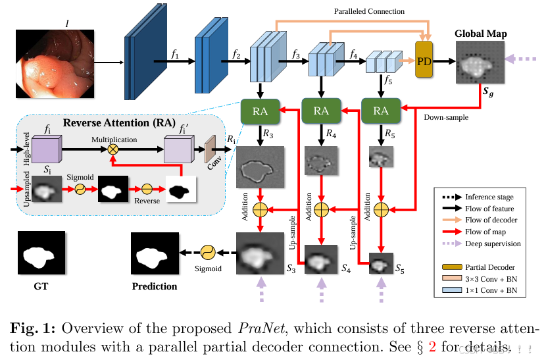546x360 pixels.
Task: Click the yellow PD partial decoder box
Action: point(425,61)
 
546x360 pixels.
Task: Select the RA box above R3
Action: point(260,111)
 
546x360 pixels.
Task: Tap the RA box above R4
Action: point(320,111)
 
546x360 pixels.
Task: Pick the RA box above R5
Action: point(381,111)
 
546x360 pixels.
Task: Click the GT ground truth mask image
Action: point(42,255)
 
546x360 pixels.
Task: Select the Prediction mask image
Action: point(154,255)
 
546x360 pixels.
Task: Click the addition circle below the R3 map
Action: point(261,210)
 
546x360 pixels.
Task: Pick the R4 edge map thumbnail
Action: point(320,161)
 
